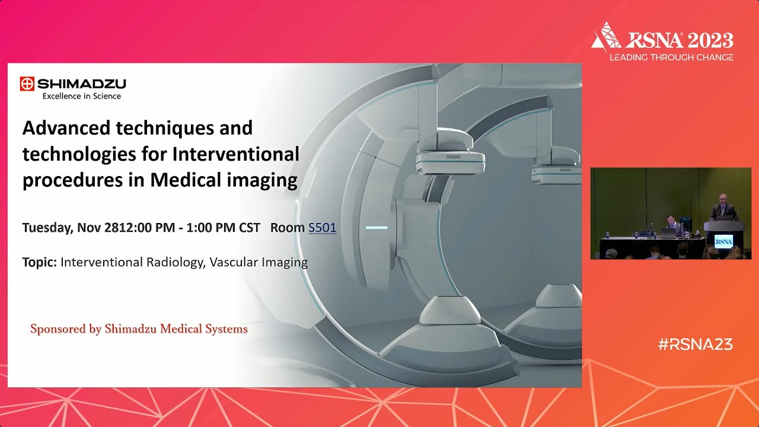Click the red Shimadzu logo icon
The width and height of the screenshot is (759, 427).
pos(27,84)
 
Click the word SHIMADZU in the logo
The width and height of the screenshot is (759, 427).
pos(81,84)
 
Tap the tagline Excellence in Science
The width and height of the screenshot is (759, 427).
pos(81,96)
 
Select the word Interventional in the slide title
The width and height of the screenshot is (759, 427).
pos(235,154)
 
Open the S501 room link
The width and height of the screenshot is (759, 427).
pos(322,228)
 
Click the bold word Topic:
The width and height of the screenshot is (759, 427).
pos(40,262)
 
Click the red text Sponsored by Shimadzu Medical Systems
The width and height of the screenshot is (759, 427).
pos(139,329)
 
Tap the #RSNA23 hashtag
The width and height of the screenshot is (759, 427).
pos(695,344)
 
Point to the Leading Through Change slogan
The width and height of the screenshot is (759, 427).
pos(671,58)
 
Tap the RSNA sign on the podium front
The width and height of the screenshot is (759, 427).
pos(723,241)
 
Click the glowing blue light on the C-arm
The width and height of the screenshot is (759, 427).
pos(377,227)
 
